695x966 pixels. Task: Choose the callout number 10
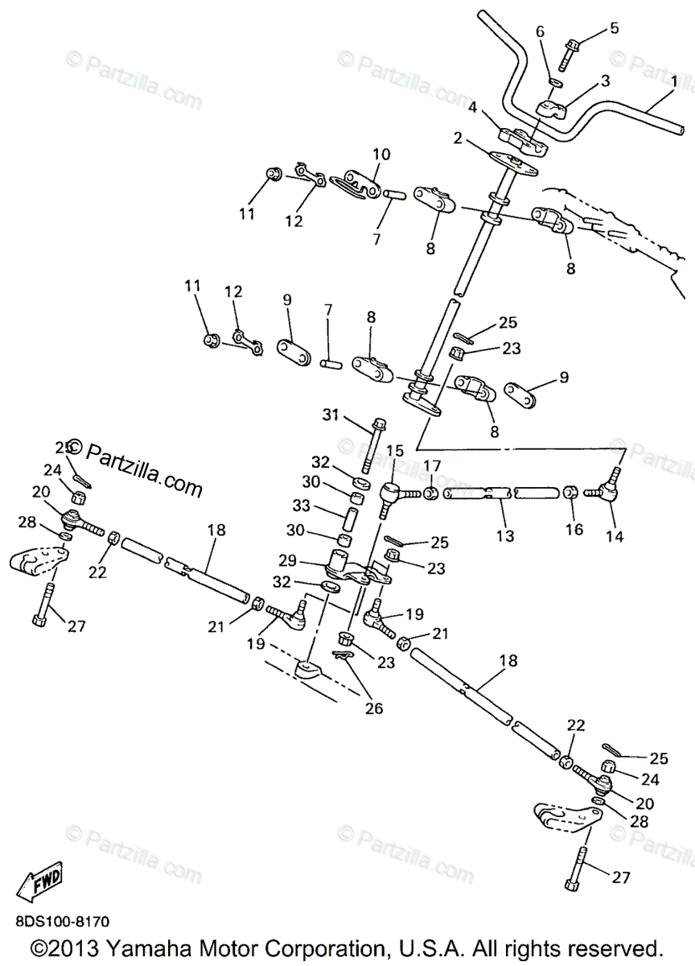pyautogui.click(x=380, y=154)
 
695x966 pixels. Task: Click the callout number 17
pyautogui.click(x=432, y=464)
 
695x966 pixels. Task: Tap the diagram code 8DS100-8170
pyautogui.click(x=61, y=920)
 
